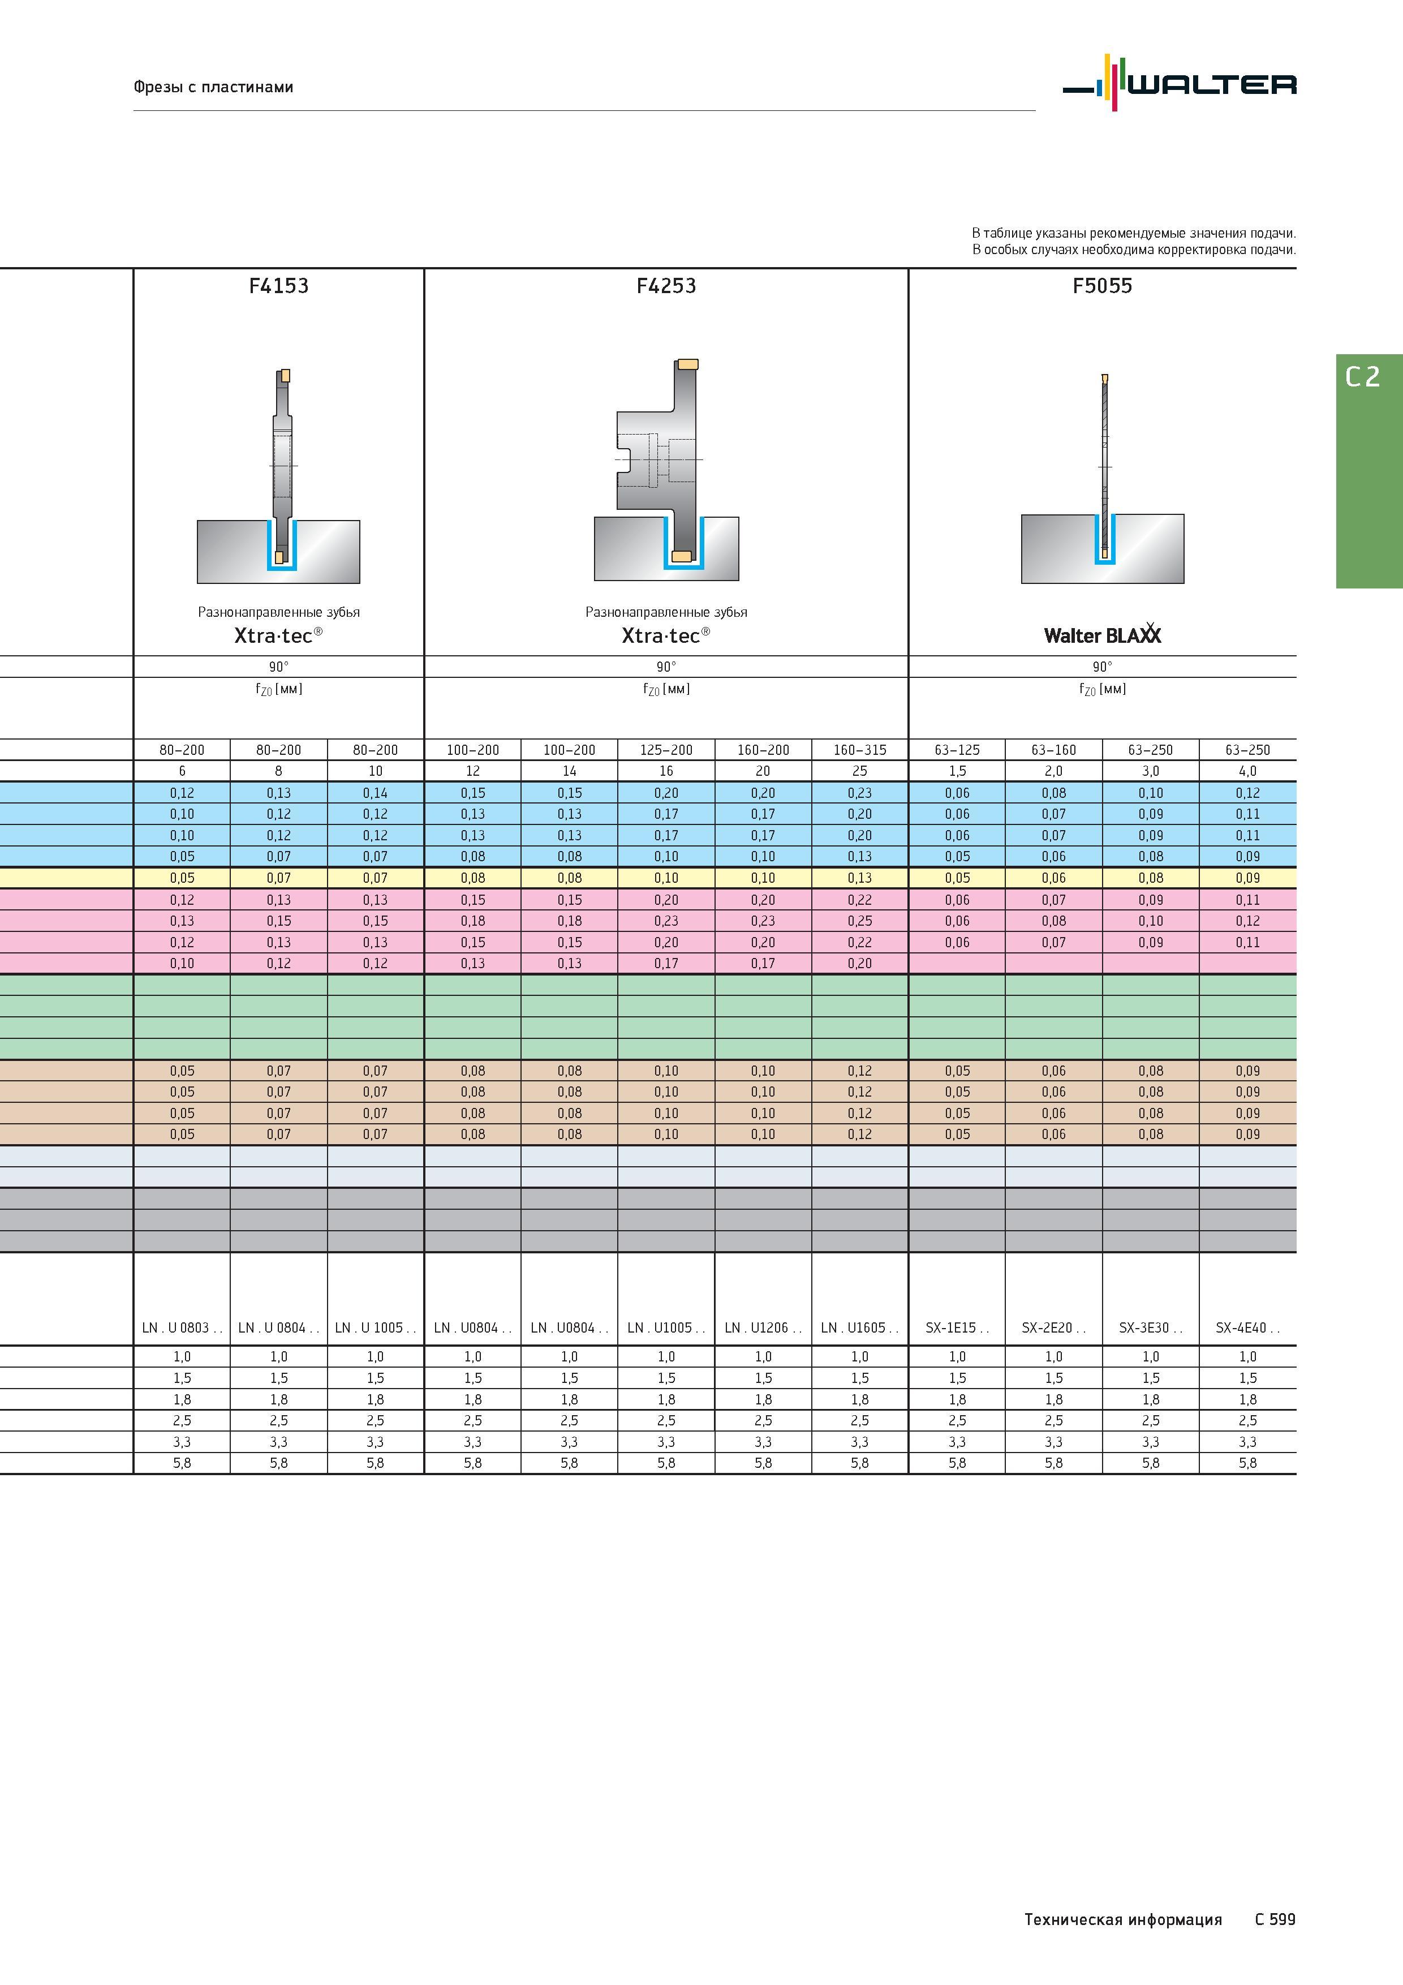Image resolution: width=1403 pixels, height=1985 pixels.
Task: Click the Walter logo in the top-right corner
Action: (1179, 83)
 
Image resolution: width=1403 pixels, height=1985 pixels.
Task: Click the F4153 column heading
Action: (278, 286)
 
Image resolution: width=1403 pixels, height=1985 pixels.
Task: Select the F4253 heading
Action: (666, 286)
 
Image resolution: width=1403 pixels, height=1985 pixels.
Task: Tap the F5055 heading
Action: (1102, 286)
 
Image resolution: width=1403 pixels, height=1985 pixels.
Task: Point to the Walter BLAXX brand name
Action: (1102, 634)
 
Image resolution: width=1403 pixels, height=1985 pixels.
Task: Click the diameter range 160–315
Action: (860, 750)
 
